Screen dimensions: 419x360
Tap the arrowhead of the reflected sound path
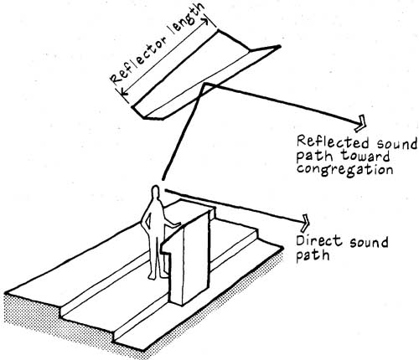(360, 123)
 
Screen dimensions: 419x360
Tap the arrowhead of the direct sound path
(304, 223)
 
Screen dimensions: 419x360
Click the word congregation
(344, 169)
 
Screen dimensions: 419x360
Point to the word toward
(366, 156)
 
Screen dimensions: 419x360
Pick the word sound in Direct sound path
(369, 242)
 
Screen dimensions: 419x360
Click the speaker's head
(155, 193)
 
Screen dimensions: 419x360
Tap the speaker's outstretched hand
(176, 224)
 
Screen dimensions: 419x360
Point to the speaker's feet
(157, 276)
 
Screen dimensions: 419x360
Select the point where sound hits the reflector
(206, 83)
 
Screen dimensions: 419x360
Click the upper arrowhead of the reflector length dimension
(205, 21)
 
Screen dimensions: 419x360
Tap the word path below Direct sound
(313, 255)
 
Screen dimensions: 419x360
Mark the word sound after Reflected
(396, 143)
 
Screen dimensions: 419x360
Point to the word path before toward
(315, 157)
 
